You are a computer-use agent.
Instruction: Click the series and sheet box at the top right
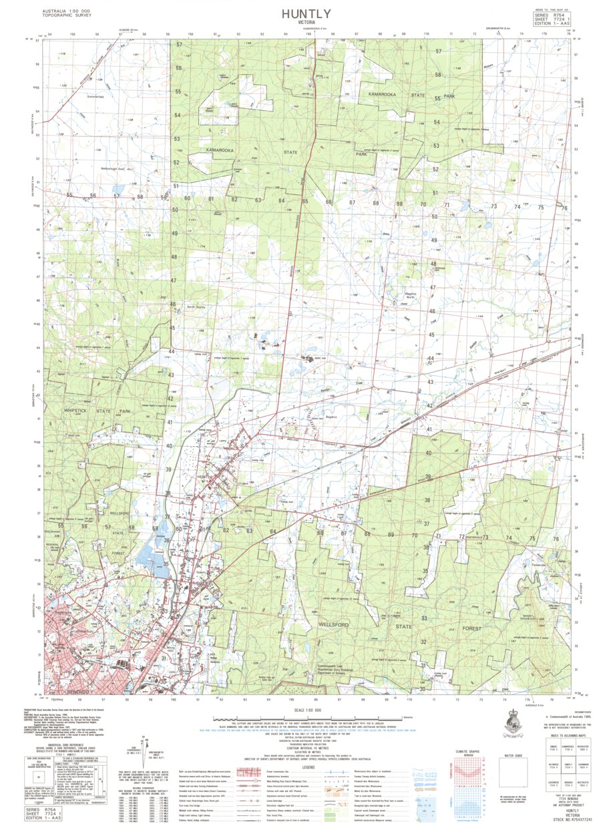click(x=552, y=18)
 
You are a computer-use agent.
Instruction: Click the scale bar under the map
click(x=306, y=718)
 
